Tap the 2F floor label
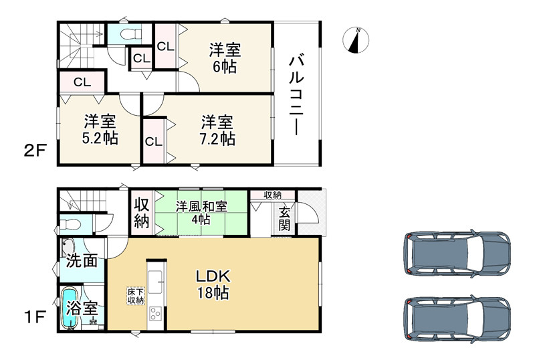35,149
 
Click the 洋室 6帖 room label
224,58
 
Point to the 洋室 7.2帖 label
218,130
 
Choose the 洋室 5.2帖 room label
100,130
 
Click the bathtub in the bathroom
69,308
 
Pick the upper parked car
457,254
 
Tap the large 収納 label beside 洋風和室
141,213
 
